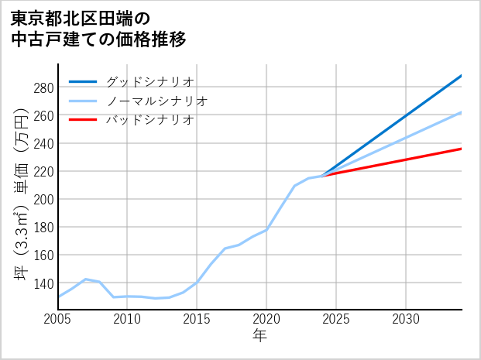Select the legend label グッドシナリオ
pyautogui.click(x=149, y=81)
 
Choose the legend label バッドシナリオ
pyautogui.click(x=149, y=120)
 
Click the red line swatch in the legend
pyautogui.click(x=83, y=120)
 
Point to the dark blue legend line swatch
pyautogui.click(x=83, y=81)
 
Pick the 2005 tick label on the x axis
pyautogui.click(x=58, y=319)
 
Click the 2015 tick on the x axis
pyautogui.click(x=197, y=319)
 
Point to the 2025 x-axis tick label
pyautogui.click(x=336, y=319)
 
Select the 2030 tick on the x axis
pyautogui.click(x=406, y=319)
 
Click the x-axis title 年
pyautogui.click(x=259, y=337)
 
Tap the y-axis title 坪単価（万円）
pyautogui.click(x=21, y=194)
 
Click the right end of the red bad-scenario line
pyautogui.click(x=461, y=149)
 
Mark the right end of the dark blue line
pyautogui.click(x=461, y=76)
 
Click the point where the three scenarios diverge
pyautogui.click(x=322, y=176)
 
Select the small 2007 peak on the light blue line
pyautogui.click(x=85, y=279)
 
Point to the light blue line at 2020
pyautogui.click(x=266, y=229)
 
